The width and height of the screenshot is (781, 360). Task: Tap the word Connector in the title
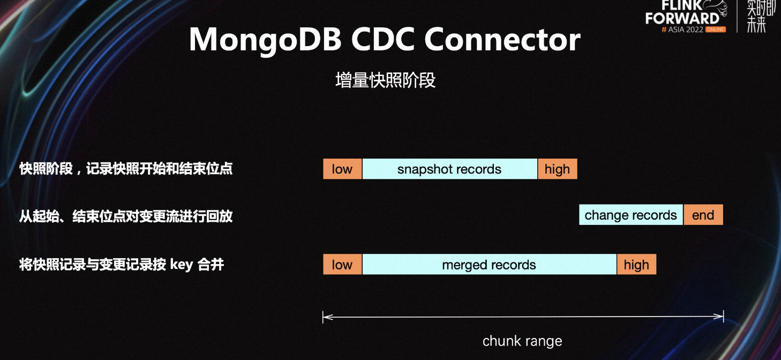pyautogui.click(x=502, y=40)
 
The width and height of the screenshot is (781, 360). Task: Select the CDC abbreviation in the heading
pyautogui.click(x=383, y=40)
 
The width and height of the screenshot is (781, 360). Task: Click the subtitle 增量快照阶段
pyautogui.click(x=385, y=80)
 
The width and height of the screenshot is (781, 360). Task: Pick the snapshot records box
pyautogui.click(x=450, y=169)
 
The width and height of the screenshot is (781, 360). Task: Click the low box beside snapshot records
pyautogui.click(x=342, y=169)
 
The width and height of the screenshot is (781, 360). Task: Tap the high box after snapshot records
pyautogui.click(x=558, y=169)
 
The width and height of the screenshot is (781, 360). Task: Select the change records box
pyautogui.click(x=630, y=215)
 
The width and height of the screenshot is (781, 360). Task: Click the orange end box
pyautogui.click(x=703, y=215)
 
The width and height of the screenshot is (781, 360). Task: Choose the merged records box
pyautogui.click(x=489, y=265)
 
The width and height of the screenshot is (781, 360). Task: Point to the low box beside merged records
pyautogui.click(x=342, y=265)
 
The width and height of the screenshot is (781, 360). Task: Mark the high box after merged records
pyautogui.click(x=637, y=265)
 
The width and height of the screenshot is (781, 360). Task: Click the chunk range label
pyautogui.click(x=522, y=341)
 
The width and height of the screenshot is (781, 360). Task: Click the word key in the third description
pyautogui.click(x=182, y=265)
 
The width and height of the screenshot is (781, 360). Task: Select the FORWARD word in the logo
pyautogui.click(x=682, y=18)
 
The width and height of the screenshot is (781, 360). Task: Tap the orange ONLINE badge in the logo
pyautogui.click(x=716, y=29)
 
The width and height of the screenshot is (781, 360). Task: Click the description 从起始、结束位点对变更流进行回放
pyautogui.click(x=126, y=216)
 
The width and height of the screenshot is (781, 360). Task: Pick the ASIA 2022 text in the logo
pyautogui.click(x=686, y=29)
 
